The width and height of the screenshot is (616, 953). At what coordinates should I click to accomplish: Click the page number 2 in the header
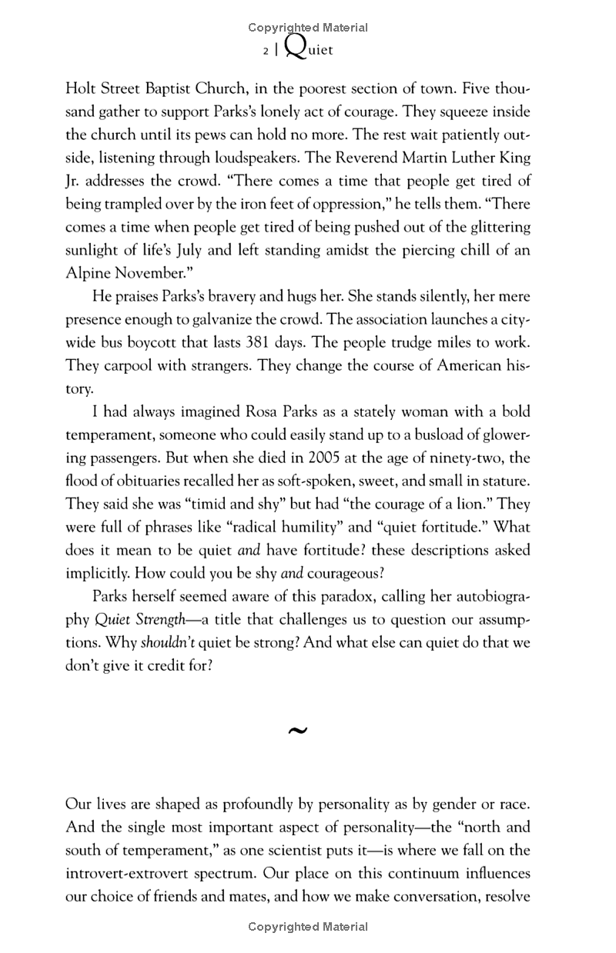(x=265, y=52)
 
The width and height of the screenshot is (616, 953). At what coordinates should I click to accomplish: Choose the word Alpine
(x=89, y=273)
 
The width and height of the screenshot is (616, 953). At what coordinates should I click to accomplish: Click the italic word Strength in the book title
(x=169, y=619)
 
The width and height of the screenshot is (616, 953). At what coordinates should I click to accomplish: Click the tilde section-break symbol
(x=296, y=731)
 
